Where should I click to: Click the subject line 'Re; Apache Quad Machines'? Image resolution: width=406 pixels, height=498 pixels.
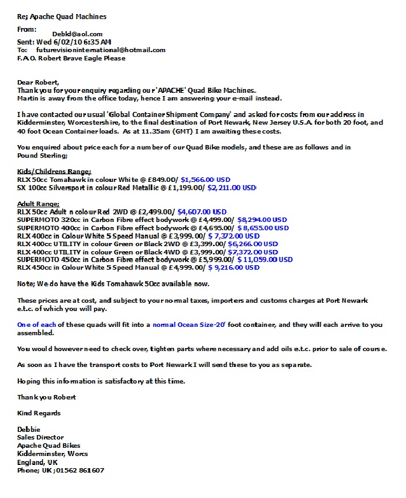point(62,17)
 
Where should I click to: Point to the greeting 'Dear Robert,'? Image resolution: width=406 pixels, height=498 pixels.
point(38,83)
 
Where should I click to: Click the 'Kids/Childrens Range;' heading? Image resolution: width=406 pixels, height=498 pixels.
point(54,172)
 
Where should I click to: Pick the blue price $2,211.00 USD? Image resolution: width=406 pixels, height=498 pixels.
point(230,188)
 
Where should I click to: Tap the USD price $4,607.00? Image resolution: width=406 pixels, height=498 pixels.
point(202,212)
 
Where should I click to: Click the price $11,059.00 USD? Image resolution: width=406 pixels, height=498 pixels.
point(265,259)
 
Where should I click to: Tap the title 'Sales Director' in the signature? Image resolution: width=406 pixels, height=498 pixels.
point(40,438)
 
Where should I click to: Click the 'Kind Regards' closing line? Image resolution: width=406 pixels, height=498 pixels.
point(38,413)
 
